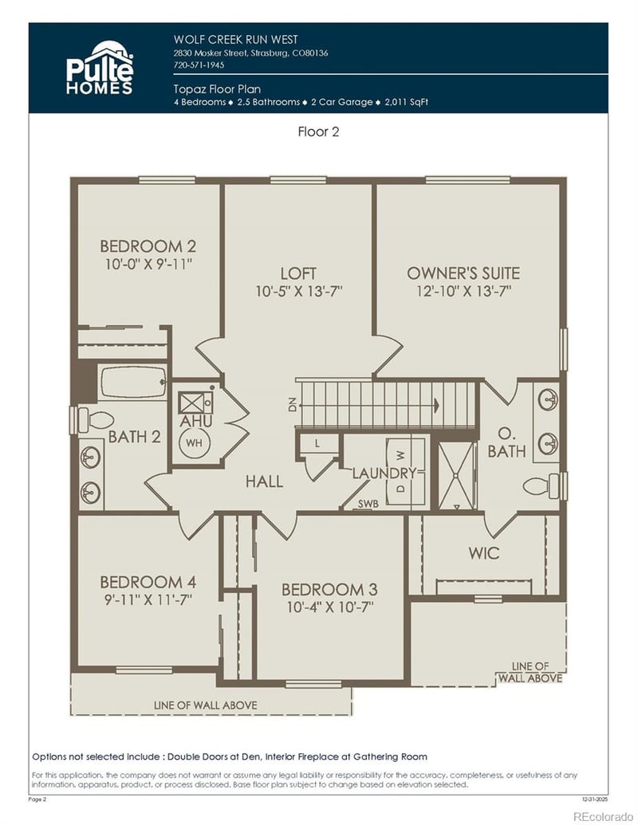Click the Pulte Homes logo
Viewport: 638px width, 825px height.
99,68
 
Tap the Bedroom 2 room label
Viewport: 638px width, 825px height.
148,246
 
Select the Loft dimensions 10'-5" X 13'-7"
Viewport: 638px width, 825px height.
299,291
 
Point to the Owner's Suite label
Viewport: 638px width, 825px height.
463,273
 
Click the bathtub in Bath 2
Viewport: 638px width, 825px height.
133,382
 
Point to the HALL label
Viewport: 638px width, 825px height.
264,481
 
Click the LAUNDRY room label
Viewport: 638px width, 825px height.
385,473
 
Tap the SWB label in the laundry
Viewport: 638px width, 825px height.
368,504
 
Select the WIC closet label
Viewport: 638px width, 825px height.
483,552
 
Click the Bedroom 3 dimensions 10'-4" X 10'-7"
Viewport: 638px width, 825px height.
329,607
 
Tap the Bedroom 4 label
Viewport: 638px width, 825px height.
148,582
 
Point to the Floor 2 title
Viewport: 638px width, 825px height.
318,132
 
